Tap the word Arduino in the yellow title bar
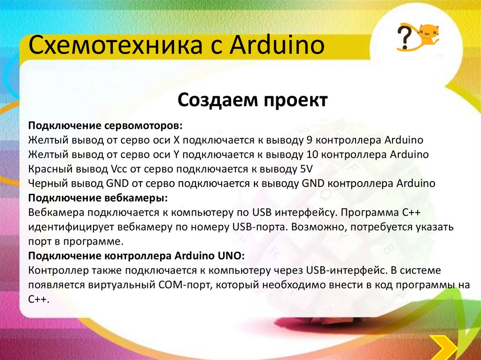pyautogui.click(x=277, y=45)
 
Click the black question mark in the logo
pyautogui.click(x=404, y=37)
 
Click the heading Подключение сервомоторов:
pyautogui.click(x=105, y=126)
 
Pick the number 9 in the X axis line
pyautogui.click(x=310, y=140)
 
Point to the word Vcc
pyautogui.click(x=118, y=169)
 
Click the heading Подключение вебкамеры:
pyautogui.click(x=98, y=198)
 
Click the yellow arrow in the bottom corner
pyautogui.click(x=443, y=348)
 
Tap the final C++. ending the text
pyautogui.click(x=39, y=299)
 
